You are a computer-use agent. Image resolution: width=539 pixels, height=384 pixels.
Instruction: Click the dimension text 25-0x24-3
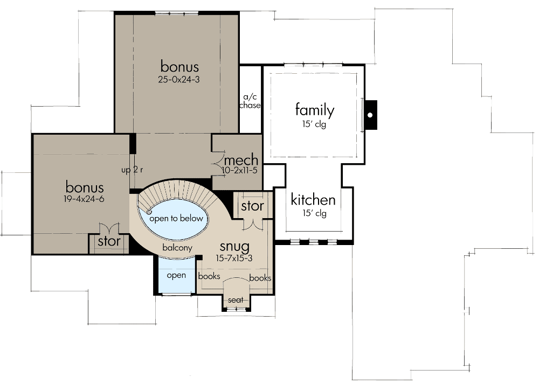tap(179, 79)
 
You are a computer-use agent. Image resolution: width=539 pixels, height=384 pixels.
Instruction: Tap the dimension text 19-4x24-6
tap(84, 199)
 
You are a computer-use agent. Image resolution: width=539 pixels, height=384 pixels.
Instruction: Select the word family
tap(315, 110)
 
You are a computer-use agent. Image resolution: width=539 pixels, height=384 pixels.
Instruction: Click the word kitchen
tap(313, 200)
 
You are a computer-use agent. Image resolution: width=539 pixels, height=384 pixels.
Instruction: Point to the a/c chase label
tap(250, 101)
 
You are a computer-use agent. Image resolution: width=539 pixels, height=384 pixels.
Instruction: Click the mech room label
tap(241, 160)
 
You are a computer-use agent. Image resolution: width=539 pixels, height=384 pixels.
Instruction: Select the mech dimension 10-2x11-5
tap(240, 170)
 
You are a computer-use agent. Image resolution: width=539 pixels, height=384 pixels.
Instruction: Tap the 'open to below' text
tap(176, 218)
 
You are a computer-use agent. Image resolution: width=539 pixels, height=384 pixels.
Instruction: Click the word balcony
tap(178, 248)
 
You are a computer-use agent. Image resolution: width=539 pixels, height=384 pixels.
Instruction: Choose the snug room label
tap(234, 247)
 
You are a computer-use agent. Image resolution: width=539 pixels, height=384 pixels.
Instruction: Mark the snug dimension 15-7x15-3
tap(234, 258)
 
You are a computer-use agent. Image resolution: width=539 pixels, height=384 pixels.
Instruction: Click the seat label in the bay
tap(236, 300)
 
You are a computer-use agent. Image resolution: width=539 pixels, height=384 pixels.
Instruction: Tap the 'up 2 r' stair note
tap(132, 170)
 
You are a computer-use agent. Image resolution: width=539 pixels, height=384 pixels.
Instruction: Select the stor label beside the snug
tap(252, 206)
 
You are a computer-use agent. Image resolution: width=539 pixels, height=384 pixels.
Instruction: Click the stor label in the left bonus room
tap(109, 242)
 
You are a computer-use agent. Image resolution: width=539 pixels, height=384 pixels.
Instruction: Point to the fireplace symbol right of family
tap(370, 115)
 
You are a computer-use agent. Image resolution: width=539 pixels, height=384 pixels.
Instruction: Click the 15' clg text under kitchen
tap(314, 213)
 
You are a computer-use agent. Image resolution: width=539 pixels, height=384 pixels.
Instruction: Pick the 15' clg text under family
tap(315, 124)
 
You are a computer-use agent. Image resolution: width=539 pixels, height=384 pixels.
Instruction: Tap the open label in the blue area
tap(176, 275)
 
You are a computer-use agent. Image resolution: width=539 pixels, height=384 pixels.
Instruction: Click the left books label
tap(209, 277)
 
